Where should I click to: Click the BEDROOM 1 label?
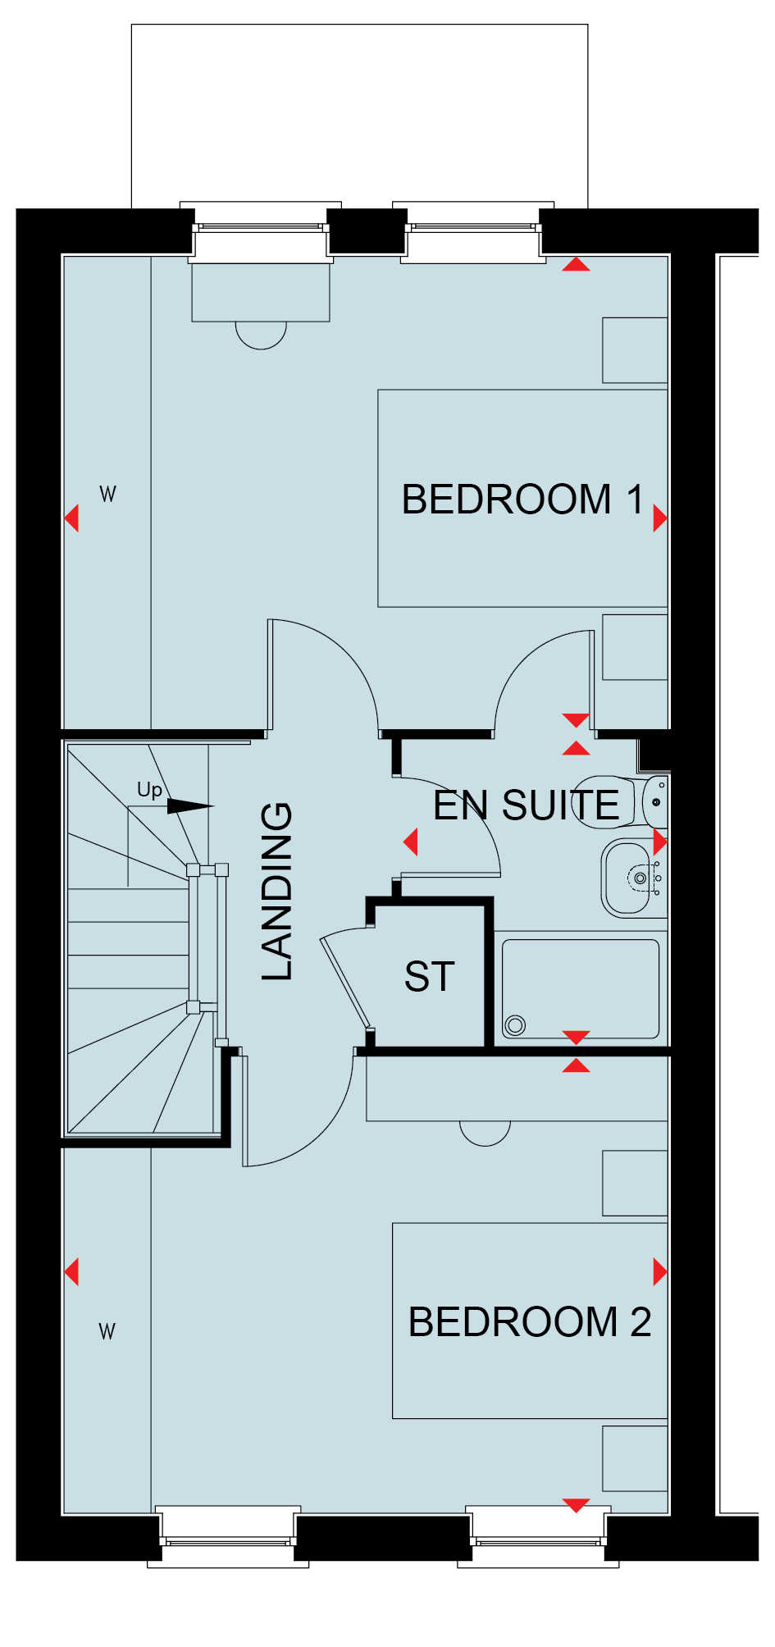[522, 500]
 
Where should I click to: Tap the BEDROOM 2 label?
[530, 1321]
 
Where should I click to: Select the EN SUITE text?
[526, 805]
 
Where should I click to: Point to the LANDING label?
[276, 891]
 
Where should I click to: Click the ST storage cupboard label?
[429, 977]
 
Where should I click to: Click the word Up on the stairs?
[149, 790]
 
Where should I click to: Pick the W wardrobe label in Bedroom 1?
[107, 494]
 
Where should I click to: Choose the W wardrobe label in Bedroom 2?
[107, 1331]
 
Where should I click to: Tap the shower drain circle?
[515, 1024]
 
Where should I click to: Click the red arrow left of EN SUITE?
[411, 842]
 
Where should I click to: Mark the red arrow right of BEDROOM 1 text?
[660, 518]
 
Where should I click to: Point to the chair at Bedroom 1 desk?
[261, 335]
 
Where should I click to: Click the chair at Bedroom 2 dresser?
[486, 1134]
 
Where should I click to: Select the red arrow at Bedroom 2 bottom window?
[577, 1505]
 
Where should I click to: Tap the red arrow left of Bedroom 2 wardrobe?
[71, 1272]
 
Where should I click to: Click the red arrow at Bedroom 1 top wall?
[577, 264]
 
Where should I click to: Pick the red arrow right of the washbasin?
[660, 842]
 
